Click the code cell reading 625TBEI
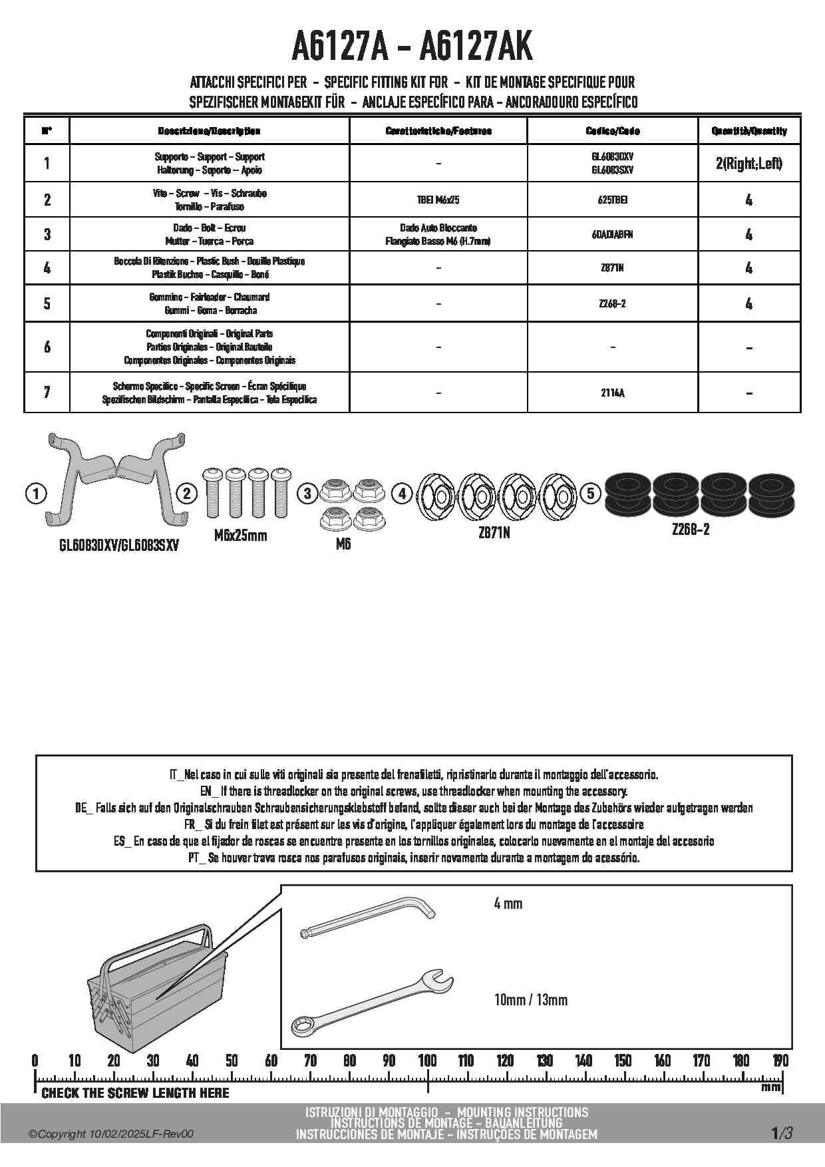[x=612, y=200]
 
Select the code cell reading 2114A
[x=612, y=393]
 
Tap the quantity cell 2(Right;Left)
[x=749, y=163]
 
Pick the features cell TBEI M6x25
[x=438, y=200]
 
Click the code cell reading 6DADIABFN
[x=612, y=234]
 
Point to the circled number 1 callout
[x=35, y=494]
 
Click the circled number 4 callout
[x=402, y=494]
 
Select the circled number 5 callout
[x=590, y=494]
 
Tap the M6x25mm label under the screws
[x=241, y=536]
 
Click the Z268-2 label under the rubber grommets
[x=691, y=530]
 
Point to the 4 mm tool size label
[x=508, y=904]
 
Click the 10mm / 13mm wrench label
[x=531, y=1000]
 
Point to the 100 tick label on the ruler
[x=427, y=1061]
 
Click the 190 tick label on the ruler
[x=780, y=1061]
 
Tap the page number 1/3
[x=782, y=1133]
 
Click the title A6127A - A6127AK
[x=412, y=47]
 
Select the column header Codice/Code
[x=612, y=131]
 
